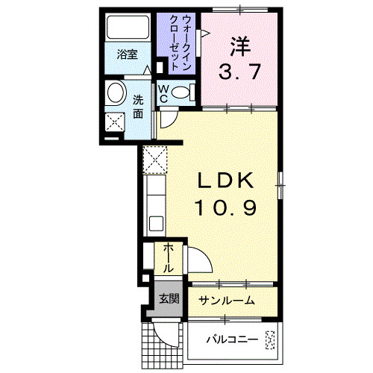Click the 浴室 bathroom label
pyautogui.click(x=128, y=54)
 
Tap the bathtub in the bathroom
pyautogui.click(x=128, y=28)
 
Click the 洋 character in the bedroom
pyautogui.click(x=238, y=46)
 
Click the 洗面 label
pyautogui.click(x=138, y=107)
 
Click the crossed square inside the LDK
pyautogui.click(x=157, y=158)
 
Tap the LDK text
pyautogui.click(x=227, y=181)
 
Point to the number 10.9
pyautogui.click(x=227, y=207)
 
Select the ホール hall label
pyautogui.click(x=169, y=257)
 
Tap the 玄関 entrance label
pyautogui.click(x=169, y=300)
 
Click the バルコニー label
pyautogui.click(x=233, y=341)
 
